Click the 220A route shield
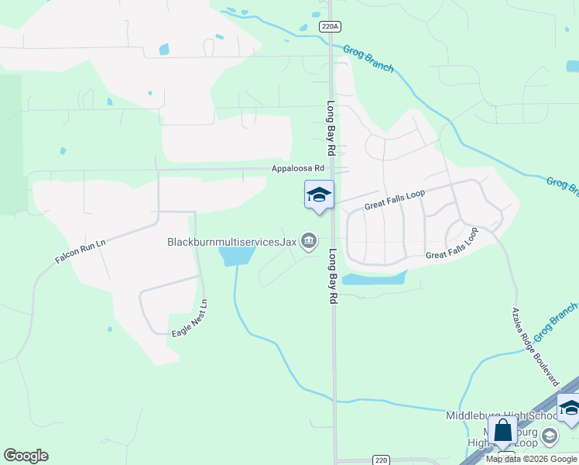click(x=330, y=26)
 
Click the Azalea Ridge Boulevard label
click(x=535, y=346)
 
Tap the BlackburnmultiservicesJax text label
click(x=232, y=242)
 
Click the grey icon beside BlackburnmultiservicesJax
click(x=309, y=242)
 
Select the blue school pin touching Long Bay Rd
click(x=319, y=195)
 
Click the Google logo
click(x=26, y=456)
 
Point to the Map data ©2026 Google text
click(x=532, y=459)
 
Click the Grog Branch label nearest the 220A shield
click(x=368, y=58)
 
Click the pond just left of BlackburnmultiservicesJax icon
click(x=237, y=254)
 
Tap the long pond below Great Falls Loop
click(x=374, y=278)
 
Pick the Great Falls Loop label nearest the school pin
click(x=395, y=203)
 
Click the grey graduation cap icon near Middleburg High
click(x=550, y=436)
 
